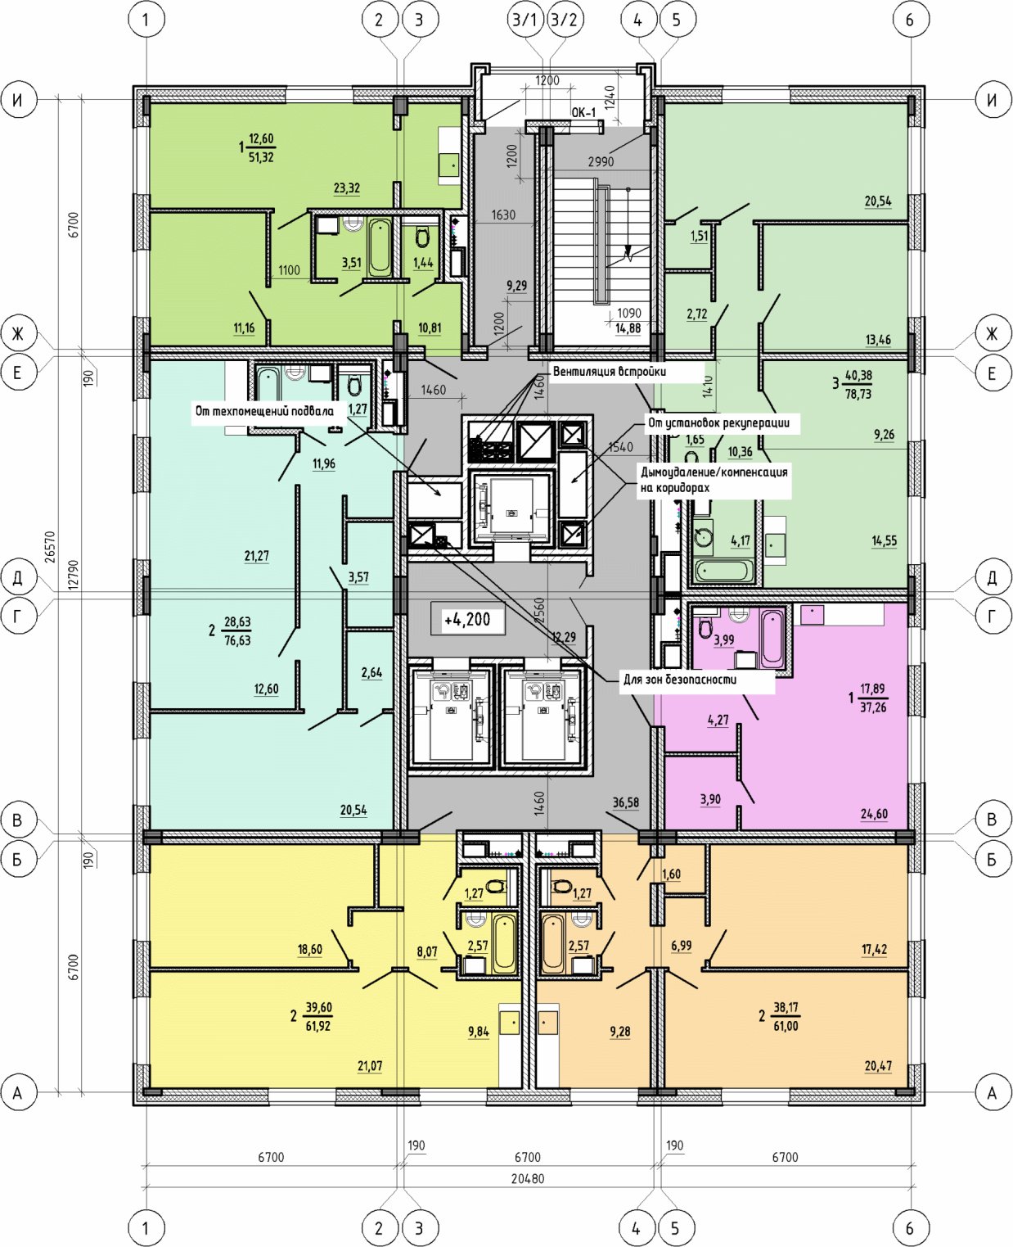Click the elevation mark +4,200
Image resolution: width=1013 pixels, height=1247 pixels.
[467, 619]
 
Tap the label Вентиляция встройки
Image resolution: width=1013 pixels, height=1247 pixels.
[609, 371]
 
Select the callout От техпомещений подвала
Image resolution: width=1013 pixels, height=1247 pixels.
[264, 411]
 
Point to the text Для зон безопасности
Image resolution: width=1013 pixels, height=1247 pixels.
[680, 680]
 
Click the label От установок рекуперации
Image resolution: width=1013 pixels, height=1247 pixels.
[718, 422]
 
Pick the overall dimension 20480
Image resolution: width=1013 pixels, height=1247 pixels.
[528, 1178]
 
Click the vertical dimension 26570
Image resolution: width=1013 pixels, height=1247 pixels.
[51, 547]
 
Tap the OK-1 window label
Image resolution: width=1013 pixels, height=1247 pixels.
[583, 112]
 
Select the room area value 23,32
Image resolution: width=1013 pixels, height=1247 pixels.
[347, 188]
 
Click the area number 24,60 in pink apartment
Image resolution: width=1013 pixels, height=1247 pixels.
[874, 814]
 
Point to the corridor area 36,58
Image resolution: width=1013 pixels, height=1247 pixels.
[625, 802]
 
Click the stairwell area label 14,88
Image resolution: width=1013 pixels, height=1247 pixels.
[628, 328]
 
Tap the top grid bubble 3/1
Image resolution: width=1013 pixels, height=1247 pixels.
[525, 20]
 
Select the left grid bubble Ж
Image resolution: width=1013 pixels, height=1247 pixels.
[18, 334]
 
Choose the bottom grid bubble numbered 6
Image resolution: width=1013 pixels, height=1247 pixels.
[909, 1227]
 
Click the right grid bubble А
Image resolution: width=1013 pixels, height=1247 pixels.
[992, 1092]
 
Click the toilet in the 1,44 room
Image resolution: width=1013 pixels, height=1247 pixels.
[422, 237]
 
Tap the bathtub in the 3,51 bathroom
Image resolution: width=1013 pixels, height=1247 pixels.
[380, 247]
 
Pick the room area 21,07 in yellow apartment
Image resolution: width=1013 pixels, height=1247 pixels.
[370, 1065]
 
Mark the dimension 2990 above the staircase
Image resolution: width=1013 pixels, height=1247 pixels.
[601, 161]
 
